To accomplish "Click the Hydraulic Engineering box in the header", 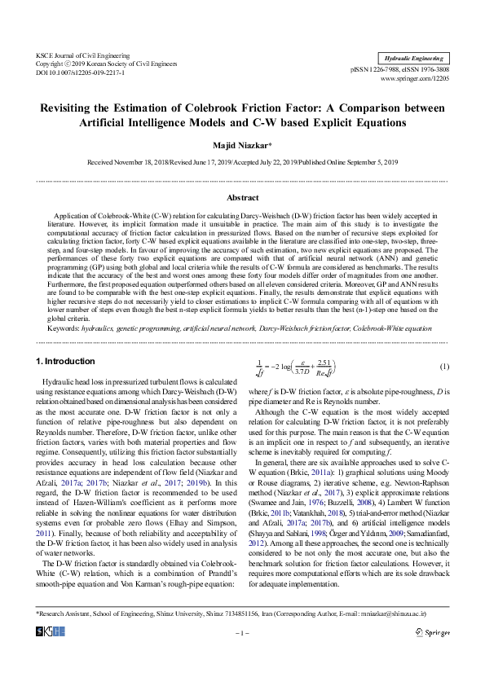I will [x=416, y=59].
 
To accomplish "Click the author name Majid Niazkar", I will [x=242, y=146].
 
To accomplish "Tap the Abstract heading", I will [x=242, y=197].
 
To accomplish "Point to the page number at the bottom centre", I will [x=242, y=654].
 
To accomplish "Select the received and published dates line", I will [x=242, y=163].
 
